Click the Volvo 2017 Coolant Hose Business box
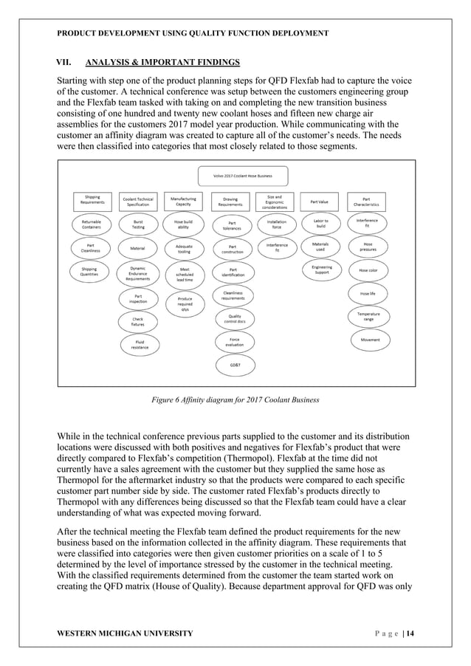point(243,176)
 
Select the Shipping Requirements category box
point(92,199)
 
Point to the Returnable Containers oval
point(92,224)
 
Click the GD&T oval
point(234,365)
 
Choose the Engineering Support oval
point(321,270)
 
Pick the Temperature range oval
point(368,316)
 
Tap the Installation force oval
point(276,224)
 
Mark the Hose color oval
point(368,270)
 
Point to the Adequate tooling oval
point(184,248)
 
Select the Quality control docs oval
point(234,318)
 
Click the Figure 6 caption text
point(235,399)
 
